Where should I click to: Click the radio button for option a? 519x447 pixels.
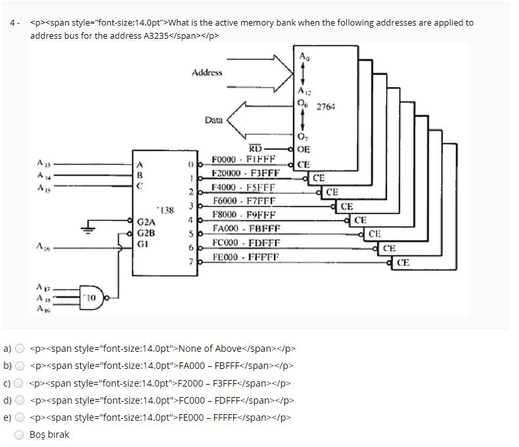[x=20, y=349]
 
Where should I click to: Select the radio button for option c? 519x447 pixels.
[x=20, y=383]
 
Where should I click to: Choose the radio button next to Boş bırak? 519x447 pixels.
[x=20, y=435]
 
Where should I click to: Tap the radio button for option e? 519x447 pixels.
[x=20, y=417]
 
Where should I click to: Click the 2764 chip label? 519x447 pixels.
[x=326, y=106]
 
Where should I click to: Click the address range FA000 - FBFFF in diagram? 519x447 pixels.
[x=246, y=229]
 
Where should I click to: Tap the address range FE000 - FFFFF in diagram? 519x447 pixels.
[x=246, y=257]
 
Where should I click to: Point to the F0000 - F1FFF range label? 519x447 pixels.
[x=244, y=160]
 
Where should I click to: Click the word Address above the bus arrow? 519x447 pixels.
[x=207, y=73]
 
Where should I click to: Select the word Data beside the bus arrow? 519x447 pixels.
[x=214, y=120]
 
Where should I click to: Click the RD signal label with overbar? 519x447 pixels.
[x=255, y=149]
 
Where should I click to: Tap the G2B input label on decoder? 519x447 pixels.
[x=146, y=232]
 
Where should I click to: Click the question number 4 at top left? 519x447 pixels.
[x=13, y=23]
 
